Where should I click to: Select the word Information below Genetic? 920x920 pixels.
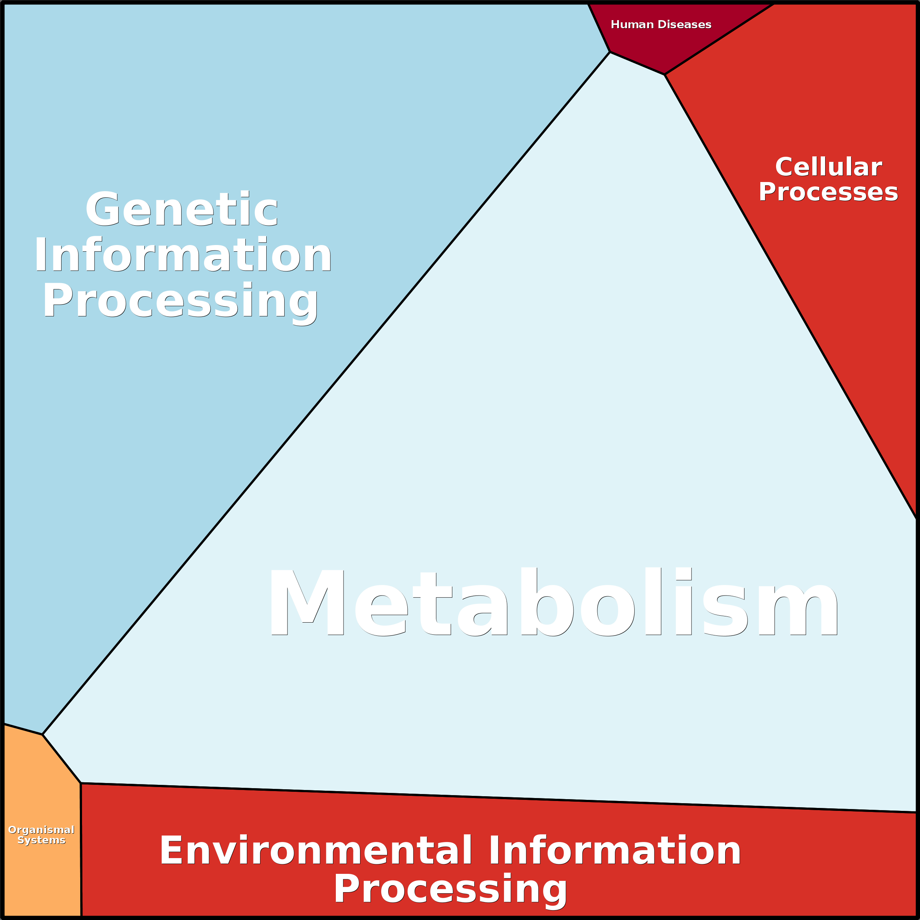pos(183,255)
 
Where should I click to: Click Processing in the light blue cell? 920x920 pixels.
pos(181,301)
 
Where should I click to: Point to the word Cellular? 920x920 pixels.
pos(828,167)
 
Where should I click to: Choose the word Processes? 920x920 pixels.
pos(828,192)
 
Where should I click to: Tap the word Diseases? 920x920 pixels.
pos(685,25)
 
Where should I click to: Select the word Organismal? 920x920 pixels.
pos(41,830)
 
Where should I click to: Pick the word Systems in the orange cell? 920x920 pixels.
pos(41,840)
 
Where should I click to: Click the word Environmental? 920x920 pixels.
pos(316,851)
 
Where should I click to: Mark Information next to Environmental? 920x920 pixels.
pos(614,851)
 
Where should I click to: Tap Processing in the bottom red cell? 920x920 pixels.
pos(450,889)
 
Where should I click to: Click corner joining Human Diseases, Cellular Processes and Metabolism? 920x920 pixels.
pos(664,75)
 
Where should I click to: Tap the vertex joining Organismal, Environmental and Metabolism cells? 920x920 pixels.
pos(81,783)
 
